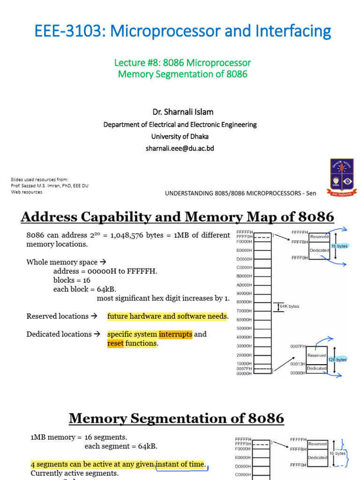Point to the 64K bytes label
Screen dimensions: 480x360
(289, 307)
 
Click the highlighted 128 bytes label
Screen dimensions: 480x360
(337, 360)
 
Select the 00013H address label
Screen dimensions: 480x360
(298, 363)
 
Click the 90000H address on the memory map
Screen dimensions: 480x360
(245, 293)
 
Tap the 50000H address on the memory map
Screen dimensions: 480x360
(245, 329)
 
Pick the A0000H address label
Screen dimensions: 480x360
(245, 285)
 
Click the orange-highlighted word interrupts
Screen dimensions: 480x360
(175, 334)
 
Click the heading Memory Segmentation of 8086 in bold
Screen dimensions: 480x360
(176, 418)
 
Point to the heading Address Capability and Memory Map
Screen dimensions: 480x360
(177, 217)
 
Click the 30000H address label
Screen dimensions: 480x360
(245, 346)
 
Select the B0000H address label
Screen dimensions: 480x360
(245, 276)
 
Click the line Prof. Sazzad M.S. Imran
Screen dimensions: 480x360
(49, 186)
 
